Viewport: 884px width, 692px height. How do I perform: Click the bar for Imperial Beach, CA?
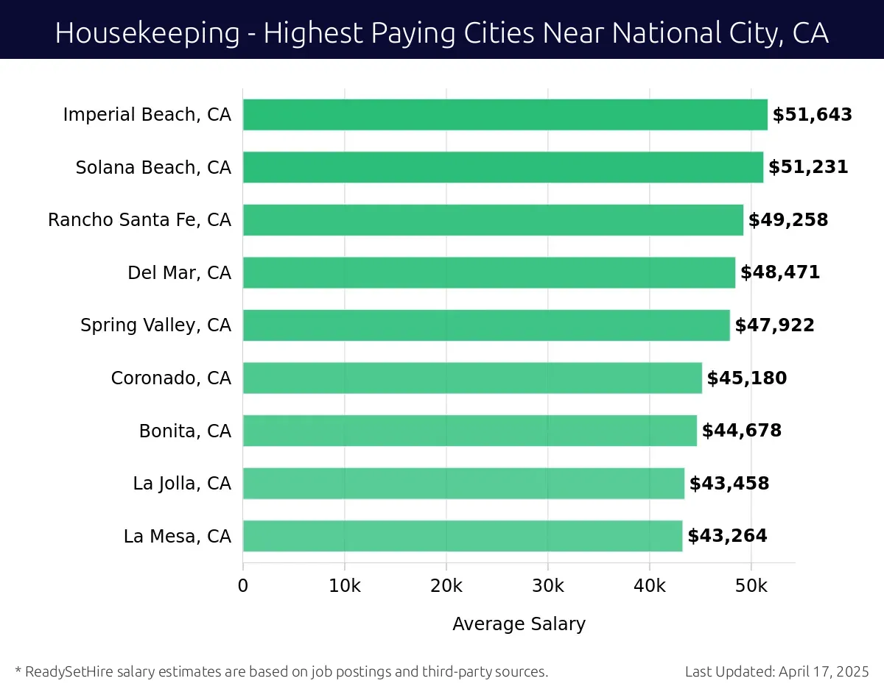pos(505,115)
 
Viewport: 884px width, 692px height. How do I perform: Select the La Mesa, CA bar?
pos(463,536)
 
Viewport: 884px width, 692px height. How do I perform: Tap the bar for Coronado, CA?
pos(472,378)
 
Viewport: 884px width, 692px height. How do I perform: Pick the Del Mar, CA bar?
pos(489,273)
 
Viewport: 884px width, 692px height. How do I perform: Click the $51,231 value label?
pos(808,167)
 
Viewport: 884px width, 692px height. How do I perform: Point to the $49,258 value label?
pos(788,220)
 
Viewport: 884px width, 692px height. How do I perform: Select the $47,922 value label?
pos(774,325)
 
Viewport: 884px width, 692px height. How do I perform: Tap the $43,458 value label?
pos(729,484)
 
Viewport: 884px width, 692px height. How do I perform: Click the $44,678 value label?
pos(742,431)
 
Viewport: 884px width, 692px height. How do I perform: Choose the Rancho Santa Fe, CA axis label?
pos(139,220)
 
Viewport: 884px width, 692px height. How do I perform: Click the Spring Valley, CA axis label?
pos(155,325)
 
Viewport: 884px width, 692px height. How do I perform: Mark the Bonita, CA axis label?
pos(185,431)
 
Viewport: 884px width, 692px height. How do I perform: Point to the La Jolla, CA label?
pos(182,484)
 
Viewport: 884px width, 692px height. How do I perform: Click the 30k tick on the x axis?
pos(548,586)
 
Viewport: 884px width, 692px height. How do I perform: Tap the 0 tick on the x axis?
pos(243,586)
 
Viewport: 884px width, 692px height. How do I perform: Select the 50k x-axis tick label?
pos(751,586)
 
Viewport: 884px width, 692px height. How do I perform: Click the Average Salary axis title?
pos(519,624)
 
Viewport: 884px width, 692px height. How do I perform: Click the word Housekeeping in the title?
pos(147,33)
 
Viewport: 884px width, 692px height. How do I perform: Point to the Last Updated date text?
pos(776,671)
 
